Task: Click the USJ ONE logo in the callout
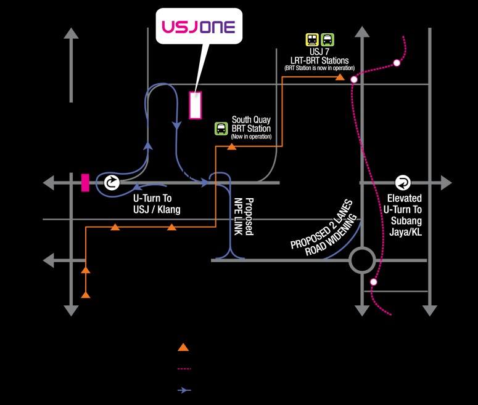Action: pyautogui.click(x=199, y=27)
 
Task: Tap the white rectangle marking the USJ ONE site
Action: pyautogui.click(x=195, y=105)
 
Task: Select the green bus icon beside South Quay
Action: pyautogui.click(x=221, y=129)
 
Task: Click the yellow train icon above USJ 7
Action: pyautogui.click(x=312, y=40)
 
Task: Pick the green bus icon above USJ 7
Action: pyautogui.click(x=328, y=40)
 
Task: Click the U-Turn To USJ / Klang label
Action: pyautogui.click(x=157, y=204)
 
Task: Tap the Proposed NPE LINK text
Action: pyautogui.click(x=244, y=216)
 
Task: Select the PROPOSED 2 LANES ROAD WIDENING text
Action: pyautogui.click(x=324, y=228)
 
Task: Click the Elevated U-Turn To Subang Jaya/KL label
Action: pyautogui.click(x=403, y=215)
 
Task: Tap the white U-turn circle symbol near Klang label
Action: pyautogui.click(x=112, y=183)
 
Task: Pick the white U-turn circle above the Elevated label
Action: pyautogui.click(x=403, y=183)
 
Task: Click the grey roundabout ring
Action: pyautogui.click(x=362, y=249)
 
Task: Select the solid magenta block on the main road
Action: pyautogui.click(x=85, y=183)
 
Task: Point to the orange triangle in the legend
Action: pyautogui.click(x=183, y=347)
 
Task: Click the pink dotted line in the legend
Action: pyautogui.click(x=184, y=369)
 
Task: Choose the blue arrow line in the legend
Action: pyautogui.click(x=184, y=390)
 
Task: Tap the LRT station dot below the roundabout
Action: pyautogui.click(x=373, y=282)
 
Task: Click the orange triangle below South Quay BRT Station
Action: pyautogui.click(x=232, y=146)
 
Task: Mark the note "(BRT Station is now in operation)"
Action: pyautogui.click(x=319, y=68)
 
